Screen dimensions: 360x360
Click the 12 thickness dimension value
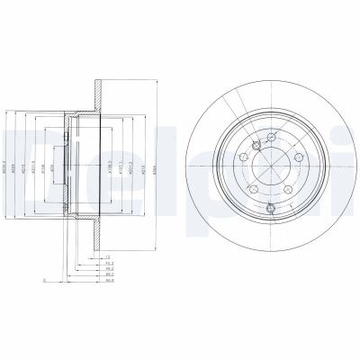(x=107, y=256)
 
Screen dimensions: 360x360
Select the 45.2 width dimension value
(x=109, y=263)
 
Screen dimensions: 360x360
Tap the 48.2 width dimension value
(x=109, y=269)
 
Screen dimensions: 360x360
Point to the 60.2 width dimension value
(x=109, y=275)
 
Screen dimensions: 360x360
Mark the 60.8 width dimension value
(x=109, y=282)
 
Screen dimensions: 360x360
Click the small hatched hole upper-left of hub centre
(x=256, y=146)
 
